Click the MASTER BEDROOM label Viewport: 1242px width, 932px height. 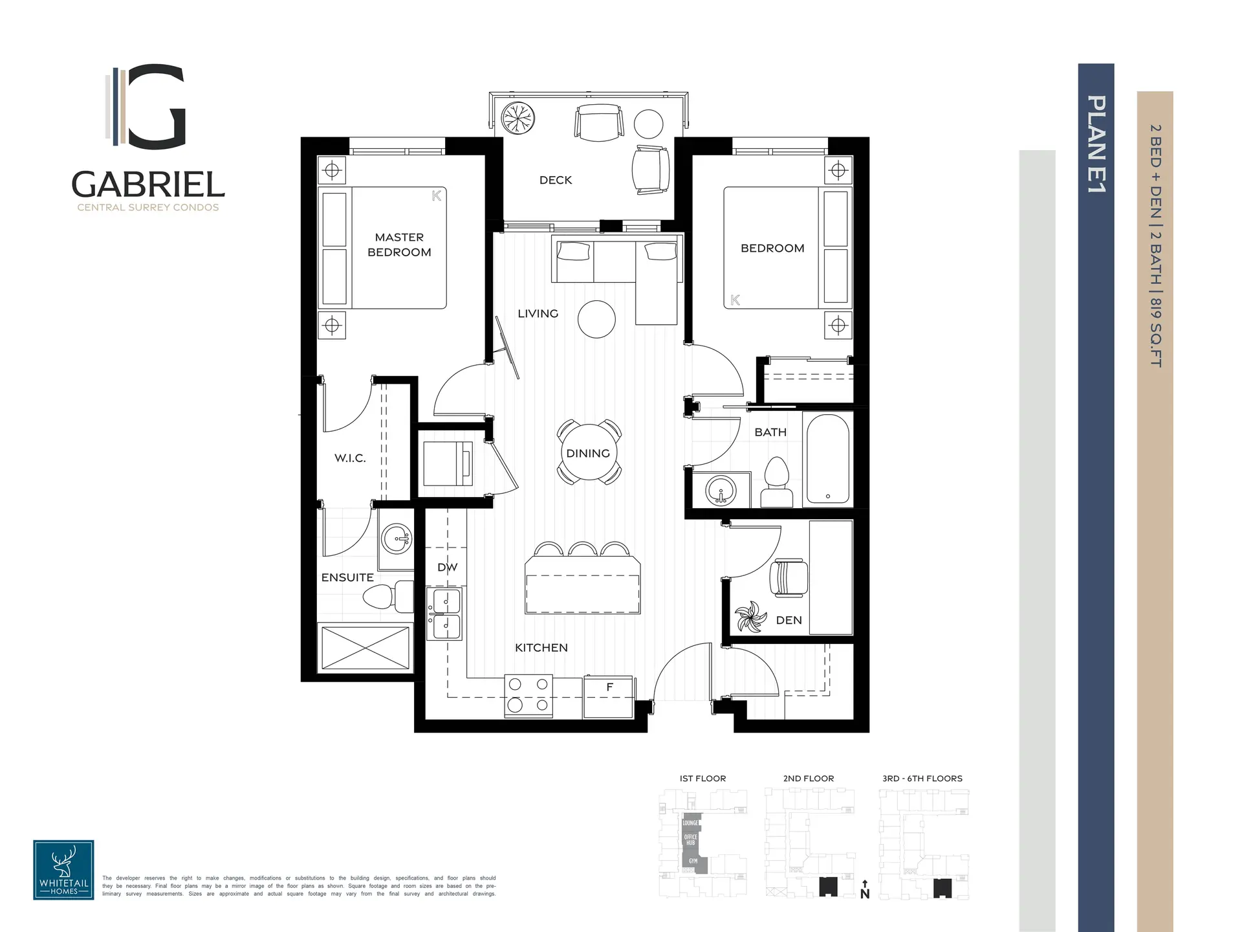[399, 245]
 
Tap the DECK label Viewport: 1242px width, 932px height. [556, 180]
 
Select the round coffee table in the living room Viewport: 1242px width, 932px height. [596, 319]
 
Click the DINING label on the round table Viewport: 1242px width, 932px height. [588, 453]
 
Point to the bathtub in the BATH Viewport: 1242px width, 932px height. [827, 458]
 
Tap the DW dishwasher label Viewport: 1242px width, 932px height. [447, 568]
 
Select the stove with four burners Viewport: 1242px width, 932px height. [528, 696]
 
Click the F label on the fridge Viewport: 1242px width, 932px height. [609, 687]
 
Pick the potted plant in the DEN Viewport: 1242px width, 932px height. [751, 617]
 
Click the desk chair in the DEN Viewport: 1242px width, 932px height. [788, 578]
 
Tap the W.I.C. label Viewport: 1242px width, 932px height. [350, 458]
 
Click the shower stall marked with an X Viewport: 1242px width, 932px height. [365, 647]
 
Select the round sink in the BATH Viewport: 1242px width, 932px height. [721, 490]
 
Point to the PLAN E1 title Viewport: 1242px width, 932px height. [1096, 144]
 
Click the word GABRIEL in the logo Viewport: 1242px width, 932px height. [148, 184]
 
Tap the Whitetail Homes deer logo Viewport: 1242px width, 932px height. [63, 870]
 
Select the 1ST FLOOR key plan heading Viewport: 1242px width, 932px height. [703, 779]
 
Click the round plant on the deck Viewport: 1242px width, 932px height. [519, 119]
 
